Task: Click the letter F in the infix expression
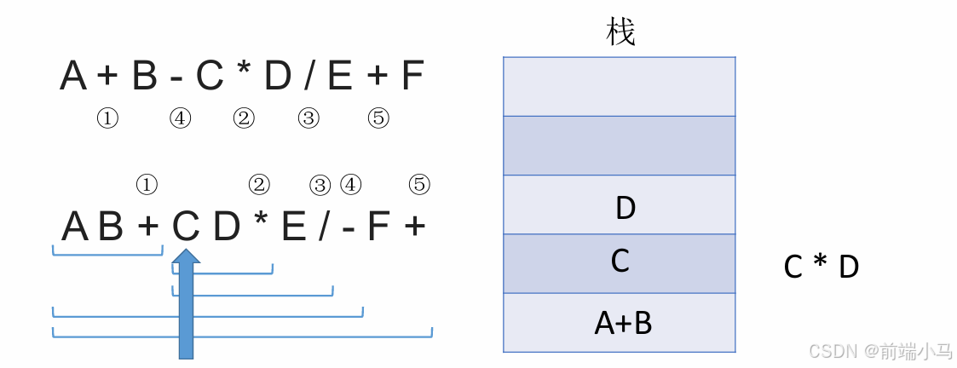[x=412, y=78]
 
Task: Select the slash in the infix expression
[x=308, y=78]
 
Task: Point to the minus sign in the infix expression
[x=176, y=79]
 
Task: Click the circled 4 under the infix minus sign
[x=180, y=119]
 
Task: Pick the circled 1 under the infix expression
[x=107, y=119]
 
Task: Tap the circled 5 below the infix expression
[x=378, y=119]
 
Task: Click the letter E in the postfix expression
[x=293, y=227]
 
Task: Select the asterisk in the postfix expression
[x=261, y=224]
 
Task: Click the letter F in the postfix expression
[x=379, y=227]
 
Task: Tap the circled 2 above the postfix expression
[x=258, y=184]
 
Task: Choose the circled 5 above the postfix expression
[x=418, y=184]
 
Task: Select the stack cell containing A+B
[x=620, y=323]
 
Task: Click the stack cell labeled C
[x=620, y=263]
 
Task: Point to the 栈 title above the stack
[x=620, y=33]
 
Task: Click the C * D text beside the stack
[x=821, y=267]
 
